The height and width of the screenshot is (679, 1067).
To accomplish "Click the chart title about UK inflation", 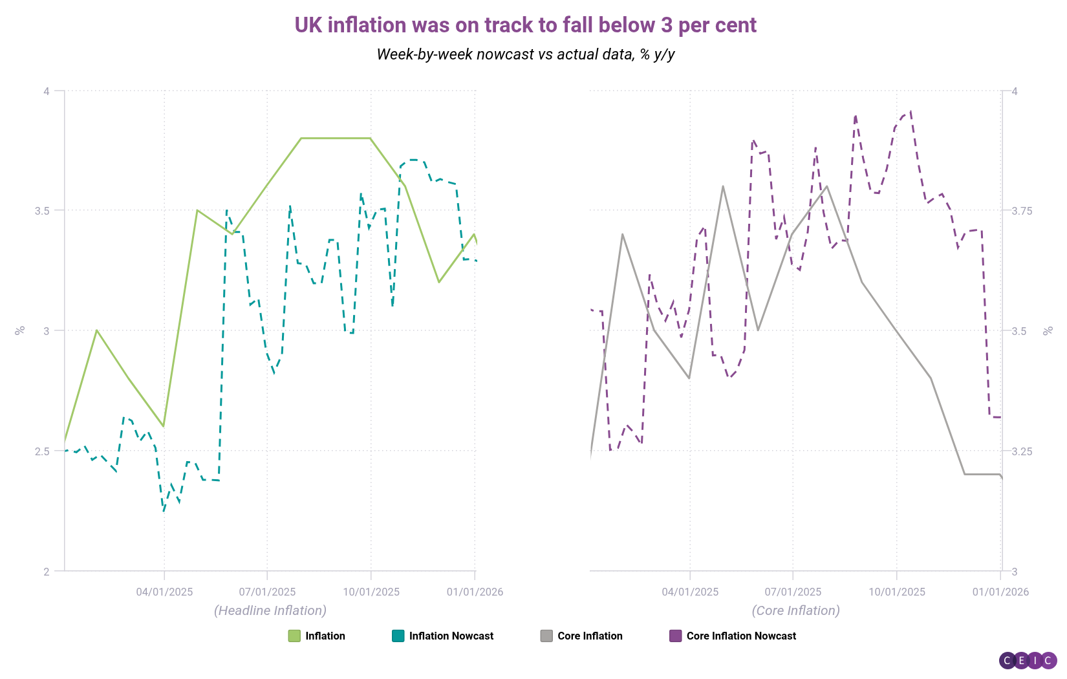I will pyautogui.click(x=525, y=25).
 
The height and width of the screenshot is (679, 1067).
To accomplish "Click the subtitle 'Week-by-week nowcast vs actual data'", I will pyautogui.click(x=525, y=54).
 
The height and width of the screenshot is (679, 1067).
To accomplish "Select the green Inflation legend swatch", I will pyautogui.click(x=294, y=636).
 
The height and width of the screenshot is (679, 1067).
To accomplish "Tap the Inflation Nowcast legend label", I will pyautogui.click(x=451, y=636).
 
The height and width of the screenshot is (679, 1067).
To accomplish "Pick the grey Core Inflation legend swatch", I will pyautogui.click(x=546, y=636).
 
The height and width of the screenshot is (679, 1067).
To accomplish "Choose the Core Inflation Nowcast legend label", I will pyautogui.click(x=741, y=636).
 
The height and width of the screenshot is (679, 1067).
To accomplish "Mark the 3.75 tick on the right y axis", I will pyautogui.click(x=1022, y=211).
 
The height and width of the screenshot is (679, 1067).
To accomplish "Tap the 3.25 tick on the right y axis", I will pyautogui.click(x=1022, y=451).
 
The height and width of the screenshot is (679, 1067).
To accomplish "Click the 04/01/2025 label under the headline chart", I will pyautogui.click(x=164, y=592).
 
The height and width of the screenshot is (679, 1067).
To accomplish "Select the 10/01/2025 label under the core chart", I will pyautogui.click(x=896, y=592).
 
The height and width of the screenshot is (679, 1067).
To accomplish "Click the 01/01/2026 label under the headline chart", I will pyautogui.click(x=475, y=592).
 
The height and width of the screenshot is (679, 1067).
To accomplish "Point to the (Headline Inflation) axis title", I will pyautogui.click(x=270, y=610).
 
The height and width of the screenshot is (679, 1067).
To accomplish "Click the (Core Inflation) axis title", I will pyautogui.click(x=795, y=610).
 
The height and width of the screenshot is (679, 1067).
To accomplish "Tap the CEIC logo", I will pyautogui.click(x=1028, y=660).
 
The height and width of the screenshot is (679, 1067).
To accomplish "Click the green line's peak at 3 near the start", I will pyautogui.click(x=96, y=330).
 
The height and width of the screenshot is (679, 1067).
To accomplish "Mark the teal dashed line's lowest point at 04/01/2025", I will pyautogui.click(x=164, y=511).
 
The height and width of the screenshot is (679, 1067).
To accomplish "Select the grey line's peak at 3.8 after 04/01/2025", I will pyautogui.click(x=723, y=186).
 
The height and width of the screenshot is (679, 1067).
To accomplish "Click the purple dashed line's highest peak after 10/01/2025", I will pyautogui.click(x=911, y=111).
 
